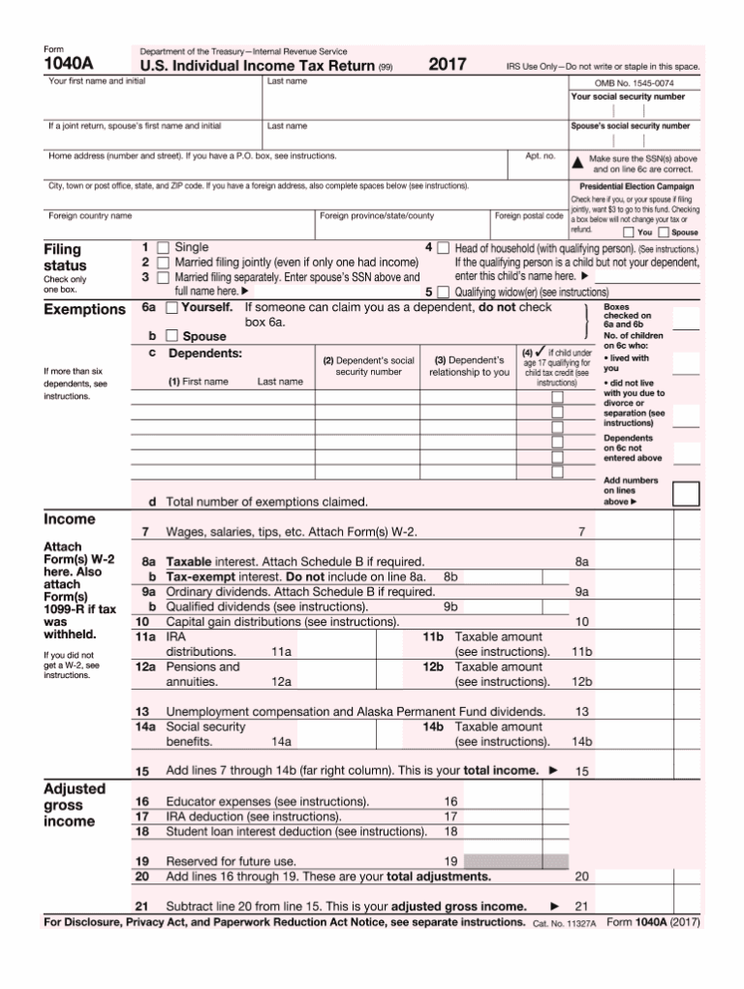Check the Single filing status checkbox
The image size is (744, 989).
tap(164, 248)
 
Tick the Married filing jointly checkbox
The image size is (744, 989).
tap(164, 263)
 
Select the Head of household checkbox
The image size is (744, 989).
tap(443, 248)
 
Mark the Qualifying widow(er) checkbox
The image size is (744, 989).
tap(443, 291)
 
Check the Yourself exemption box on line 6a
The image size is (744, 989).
tap(171, 308)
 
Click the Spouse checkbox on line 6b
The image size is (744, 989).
tap(171, 336)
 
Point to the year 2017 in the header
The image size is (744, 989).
tap(448, 65)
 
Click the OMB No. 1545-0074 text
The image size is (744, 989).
tap(635, 83)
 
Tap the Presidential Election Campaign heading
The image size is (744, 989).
tap(635, 186)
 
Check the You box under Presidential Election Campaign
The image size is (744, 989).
tap(629, 232)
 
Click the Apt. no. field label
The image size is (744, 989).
tap(540, 155)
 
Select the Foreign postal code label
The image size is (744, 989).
tap(529, 216)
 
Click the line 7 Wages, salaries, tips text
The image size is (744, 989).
tap(292, 532)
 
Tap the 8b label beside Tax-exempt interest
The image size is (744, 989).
tap(450, 576)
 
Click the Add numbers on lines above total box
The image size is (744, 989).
tap(686, 494)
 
